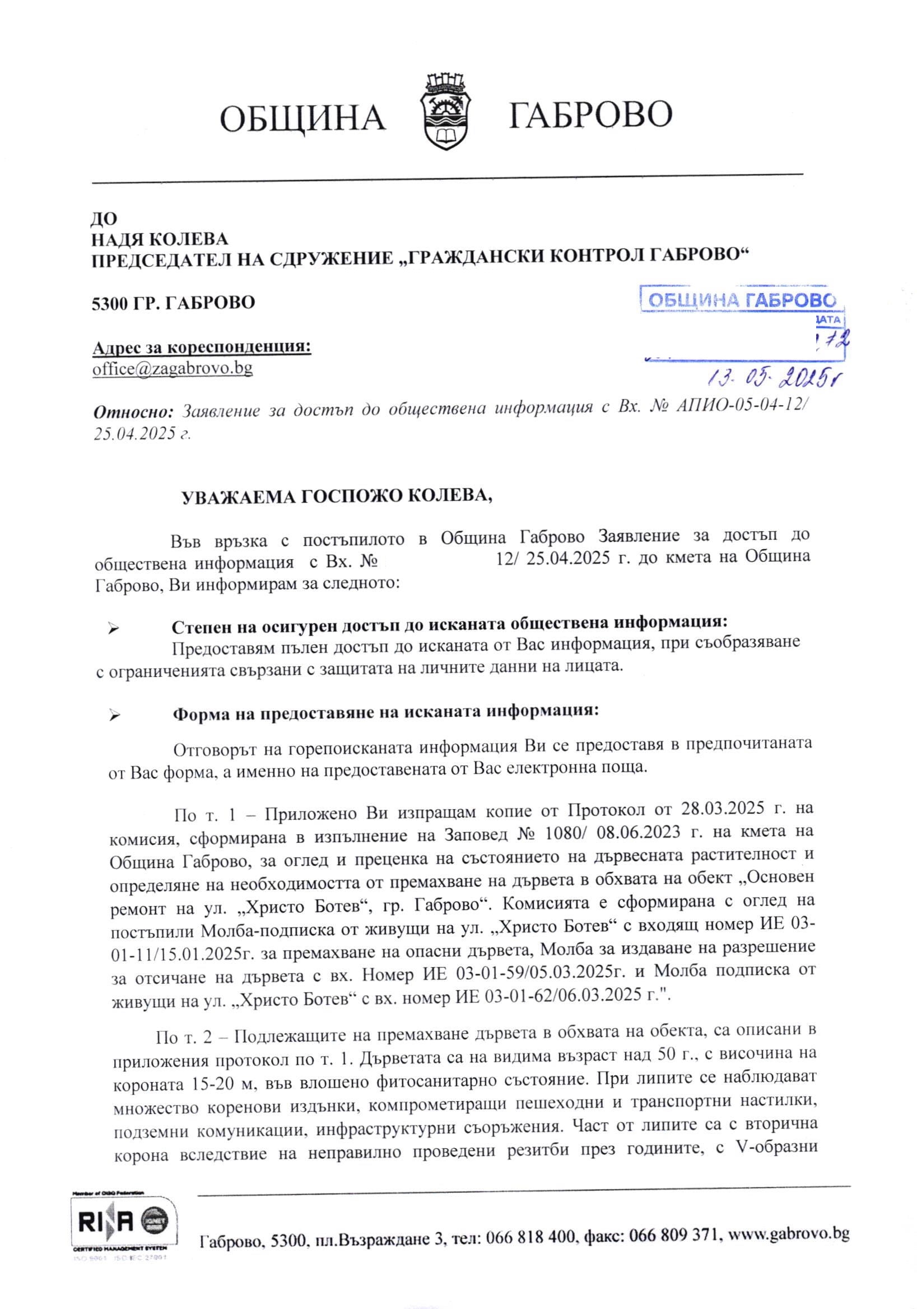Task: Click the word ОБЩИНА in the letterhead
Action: click(302, 118)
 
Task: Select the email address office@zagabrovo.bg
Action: click(173, 368)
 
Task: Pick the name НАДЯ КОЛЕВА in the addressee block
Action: click(160, 239)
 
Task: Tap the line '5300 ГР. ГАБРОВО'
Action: click(174, 302)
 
